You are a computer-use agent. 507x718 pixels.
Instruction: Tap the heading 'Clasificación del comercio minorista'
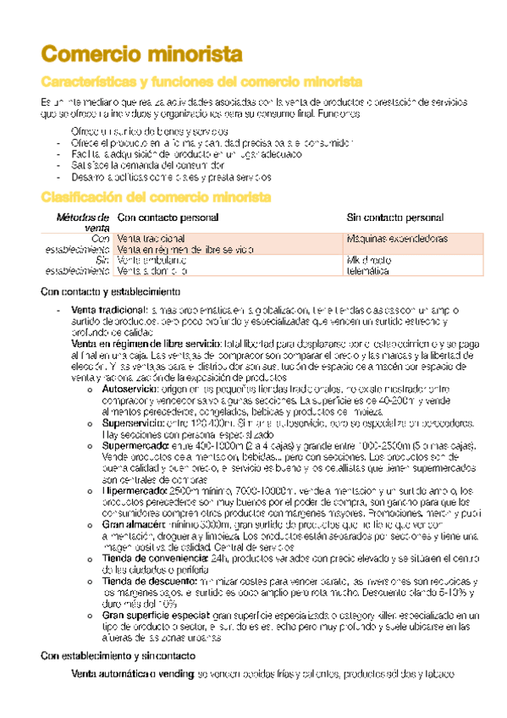[156, 197]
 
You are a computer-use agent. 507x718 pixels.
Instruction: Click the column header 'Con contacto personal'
[168, 218]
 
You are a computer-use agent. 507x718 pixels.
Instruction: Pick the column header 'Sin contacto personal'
[395, 218]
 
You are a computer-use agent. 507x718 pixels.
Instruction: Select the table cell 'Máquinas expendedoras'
[398, 240]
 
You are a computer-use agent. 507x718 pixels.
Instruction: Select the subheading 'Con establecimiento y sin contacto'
[118, 656]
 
